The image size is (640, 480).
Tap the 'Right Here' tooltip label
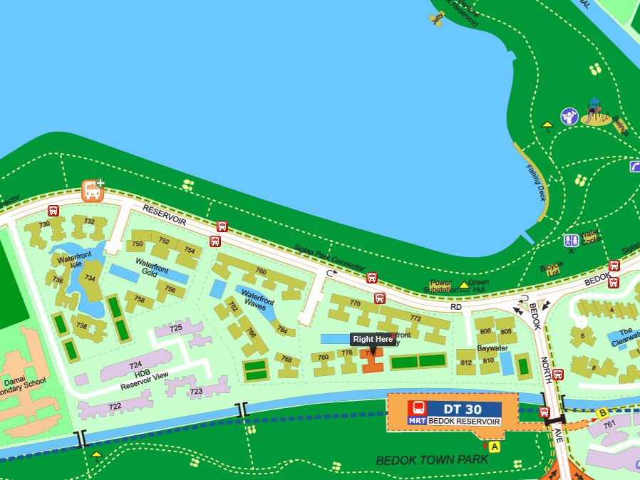pos(373,340)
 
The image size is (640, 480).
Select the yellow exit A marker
pos(495,447)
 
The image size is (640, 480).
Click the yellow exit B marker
pos(602,412)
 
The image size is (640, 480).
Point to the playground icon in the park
pos(596,112)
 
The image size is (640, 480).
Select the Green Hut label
pos(479,286)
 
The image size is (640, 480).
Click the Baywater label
pos(492,349)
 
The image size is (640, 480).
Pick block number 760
pos(260,271)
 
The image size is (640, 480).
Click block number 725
pos(175,328)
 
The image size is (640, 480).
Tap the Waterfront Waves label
pos(257,300)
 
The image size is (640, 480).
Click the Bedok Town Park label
pos(432,459)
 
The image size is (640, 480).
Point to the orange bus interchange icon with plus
pos(93,190)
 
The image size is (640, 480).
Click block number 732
pos(89,221)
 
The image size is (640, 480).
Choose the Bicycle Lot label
pos(551,268)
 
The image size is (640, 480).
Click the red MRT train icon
pos(418,408)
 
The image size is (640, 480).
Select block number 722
pos(115,407)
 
